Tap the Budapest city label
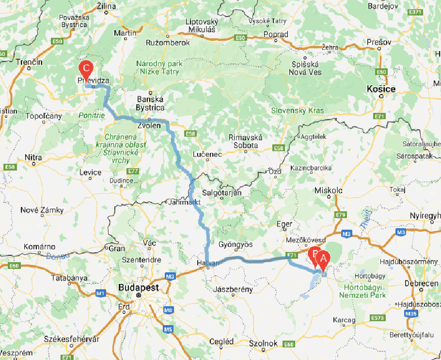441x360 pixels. pos(139,287)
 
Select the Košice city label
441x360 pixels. pos(381,89)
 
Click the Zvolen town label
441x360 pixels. pos(149,125)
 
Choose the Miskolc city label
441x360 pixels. pos(329,190)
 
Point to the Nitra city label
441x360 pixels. pos(33,157)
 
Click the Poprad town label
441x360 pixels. pos(276,34)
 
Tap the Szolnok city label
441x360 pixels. pos(263,343)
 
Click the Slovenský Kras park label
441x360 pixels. pos(298,110)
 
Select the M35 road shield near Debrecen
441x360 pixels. pos(410,313)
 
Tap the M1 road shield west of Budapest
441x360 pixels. pos(101,293)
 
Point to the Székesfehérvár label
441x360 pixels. pos(71,339)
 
